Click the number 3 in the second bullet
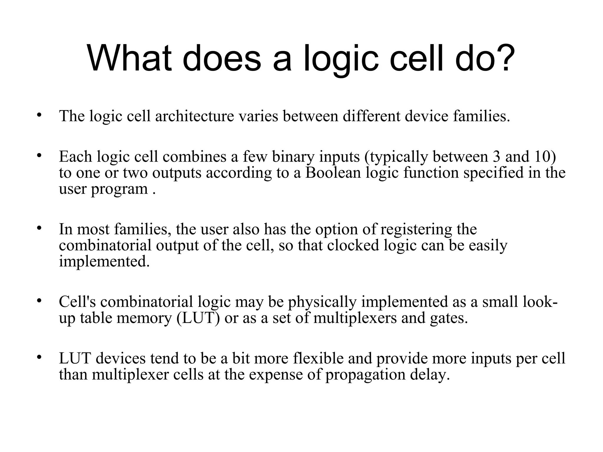click(496, 157)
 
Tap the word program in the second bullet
click(119, 189)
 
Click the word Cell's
click(77, 302)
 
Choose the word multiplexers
click(355, 318)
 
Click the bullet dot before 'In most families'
click(39, 228)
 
